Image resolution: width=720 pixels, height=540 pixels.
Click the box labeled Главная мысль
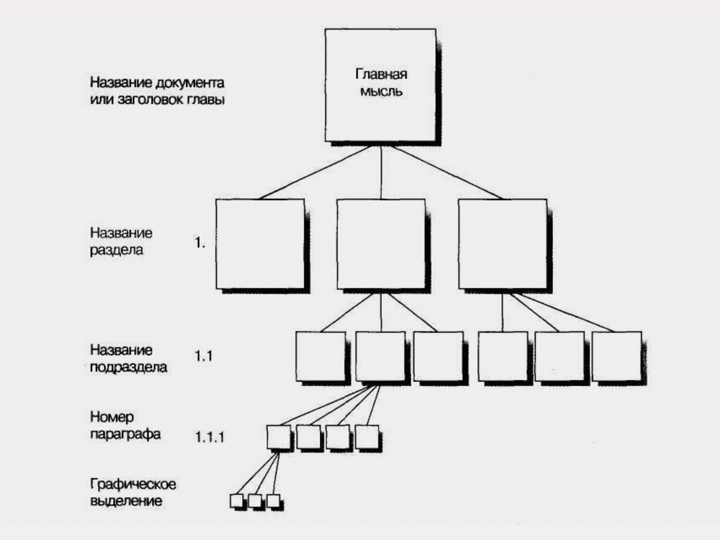381,85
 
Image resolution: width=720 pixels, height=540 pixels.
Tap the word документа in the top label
190,83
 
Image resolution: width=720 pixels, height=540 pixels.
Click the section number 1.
200,243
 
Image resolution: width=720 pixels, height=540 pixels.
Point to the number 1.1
204,356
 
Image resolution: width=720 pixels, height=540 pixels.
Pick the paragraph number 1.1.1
210,438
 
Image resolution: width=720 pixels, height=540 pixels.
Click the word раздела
116,251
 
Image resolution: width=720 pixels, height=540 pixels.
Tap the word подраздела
129,367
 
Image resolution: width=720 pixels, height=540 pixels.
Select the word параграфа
125,435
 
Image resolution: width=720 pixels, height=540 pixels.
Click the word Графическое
133,484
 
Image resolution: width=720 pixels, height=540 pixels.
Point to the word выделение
126,501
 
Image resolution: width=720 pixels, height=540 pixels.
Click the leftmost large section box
260,244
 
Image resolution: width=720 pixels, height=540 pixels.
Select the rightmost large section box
503,244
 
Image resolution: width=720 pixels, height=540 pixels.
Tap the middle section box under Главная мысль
381,244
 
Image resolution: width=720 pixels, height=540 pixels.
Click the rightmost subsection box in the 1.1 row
617,356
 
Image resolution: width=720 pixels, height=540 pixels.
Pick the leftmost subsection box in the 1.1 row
321,356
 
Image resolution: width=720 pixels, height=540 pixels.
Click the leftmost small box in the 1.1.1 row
279,437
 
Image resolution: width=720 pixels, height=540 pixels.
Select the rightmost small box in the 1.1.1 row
367,437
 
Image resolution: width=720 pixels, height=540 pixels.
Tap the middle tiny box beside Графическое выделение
255,501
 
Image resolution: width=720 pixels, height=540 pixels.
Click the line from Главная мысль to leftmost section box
315,173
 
